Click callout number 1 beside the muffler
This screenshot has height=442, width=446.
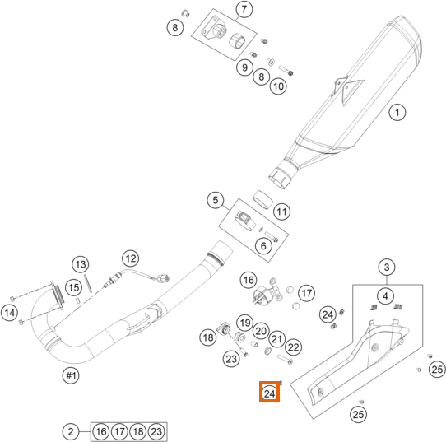pyautogui.click(x=397, y=112)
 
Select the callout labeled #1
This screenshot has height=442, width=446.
pyautogui.click(x=71, y=375)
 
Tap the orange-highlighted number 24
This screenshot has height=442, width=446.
pyautogui.click(x=269, y=393)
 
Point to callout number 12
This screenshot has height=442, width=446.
pyautogui.click(x=131, y=258)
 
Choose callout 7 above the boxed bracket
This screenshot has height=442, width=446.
pyautogui.click(x=244, y=9)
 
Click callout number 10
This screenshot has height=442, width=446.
pyautogui.click(x=278, y=86)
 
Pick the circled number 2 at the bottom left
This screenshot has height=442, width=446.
pyautogui.click(x=71, y=432)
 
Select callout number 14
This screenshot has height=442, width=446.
pyautogui.click(x=10, y=313)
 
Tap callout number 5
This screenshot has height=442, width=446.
pyautogui.click(x=216, y=200)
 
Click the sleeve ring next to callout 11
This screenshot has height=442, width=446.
pyautogui.click(x=262, y=200)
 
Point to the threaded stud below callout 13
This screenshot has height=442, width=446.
pyautogui.click(x=88, y=284)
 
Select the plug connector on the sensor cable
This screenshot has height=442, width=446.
pyautogui.click(x=164, y=278)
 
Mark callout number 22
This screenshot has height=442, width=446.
pyautogui.click(x=294, y=347)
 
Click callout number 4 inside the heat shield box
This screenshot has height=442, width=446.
pyautogui.click(x=385, y=296)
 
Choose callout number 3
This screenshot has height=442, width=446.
pyautogui.click(x=387, y=268)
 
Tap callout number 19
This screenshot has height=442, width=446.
pyautogui.click(x=245, y=323)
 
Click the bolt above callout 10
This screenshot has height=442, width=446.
pyautogui.click(x=286, y=70)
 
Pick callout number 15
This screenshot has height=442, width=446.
pyautogui.click(x=74, y=287)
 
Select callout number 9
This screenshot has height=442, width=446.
pyautogui.click(x=244, y=67)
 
